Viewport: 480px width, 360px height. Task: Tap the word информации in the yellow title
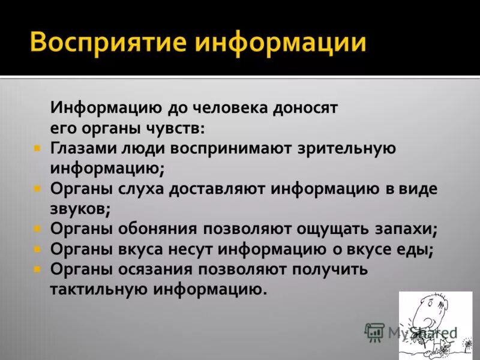281,41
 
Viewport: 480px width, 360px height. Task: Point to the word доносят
306,108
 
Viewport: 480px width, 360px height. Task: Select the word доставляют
220,189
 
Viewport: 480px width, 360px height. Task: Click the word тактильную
98,290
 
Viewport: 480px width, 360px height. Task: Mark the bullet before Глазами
37,147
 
